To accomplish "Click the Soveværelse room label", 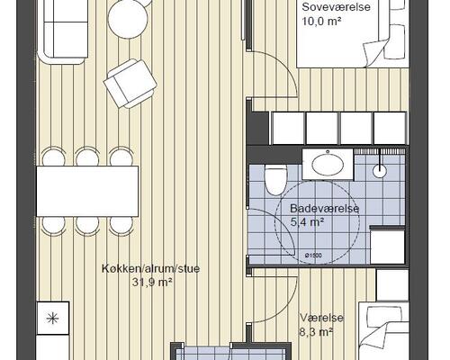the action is [336, 7].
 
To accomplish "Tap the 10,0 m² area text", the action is [322, 22].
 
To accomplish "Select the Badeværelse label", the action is [325, 209].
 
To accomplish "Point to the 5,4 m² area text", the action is [308, 222].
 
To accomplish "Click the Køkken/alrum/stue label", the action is [150, 268].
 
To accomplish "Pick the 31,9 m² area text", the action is [152, 283].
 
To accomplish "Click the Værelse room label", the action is [321, 318].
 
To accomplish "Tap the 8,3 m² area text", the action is [316, 332].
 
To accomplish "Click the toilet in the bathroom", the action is [276, 180].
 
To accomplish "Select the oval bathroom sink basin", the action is [328, 164].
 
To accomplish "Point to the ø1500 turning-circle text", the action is [313, 256].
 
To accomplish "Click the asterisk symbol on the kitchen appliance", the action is [53, 319].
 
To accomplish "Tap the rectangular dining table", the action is [87, 191].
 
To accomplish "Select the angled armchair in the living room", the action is [130, 84].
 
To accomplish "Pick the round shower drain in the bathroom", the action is [380, 171].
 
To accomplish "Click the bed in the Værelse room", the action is [384, 331].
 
